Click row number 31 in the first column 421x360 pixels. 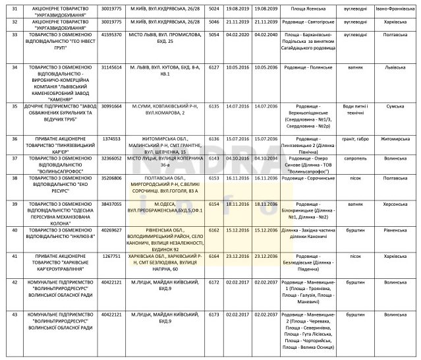point(8,10)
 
